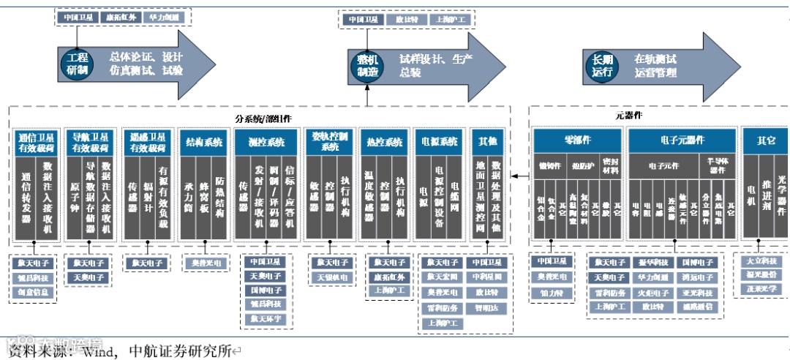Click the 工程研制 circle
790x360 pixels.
[x=73, y=63]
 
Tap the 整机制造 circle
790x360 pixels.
[x=368, y=63]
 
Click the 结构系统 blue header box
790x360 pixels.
[x=204, y=142]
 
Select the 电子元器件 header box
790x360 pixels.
[x=682, y=140]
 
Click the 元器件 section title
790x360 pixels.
[x=628, y=116]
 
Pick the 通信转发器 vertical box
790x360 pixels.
[x=26, y=198]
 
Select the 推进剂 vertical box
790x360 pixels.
[x=767, y=198]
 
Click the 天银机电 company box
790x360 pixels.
[x=330, y=277]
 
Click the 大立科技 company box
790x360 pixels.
[x=761, y=261]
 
